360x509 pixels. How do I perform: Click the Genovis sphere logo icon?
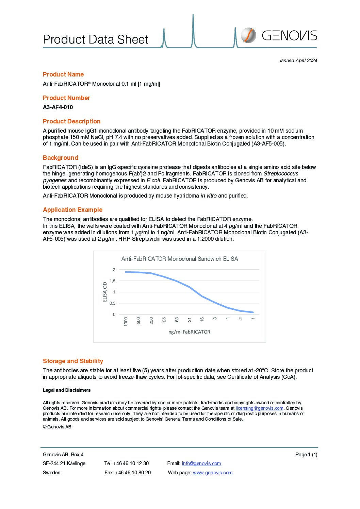point(248,35)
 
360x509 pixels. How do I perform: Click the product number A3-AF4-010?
point(58,107)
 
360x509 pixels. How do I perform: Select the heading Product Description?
point(71,121)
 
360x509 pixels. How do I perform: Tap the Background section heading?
point(61,158)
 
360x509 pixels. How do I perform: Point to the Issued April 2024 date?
point(298,61)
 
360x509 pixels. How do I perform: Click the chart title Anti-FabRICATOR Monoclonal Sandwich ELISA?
point(180,259)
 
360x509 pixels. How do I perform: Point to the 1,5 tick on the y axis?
point(112,281)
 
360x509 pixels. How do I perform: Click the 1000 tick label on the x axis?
point(126,322)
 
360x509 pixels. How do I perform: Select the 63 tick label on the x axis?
point(177,320)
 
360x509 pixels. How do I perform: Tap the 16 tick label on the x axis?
point(202,320)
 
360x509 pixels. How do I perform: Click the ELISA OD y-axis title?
point(105,292)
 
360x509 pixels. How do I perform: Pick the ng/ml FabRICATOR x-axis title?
point(189,332)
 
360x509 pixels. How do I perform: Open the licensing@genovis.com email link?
point(259,408)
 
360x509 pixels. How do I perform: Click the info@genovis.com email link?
point(201,463)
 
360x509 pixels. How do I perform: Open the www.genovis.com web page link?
point(213,473)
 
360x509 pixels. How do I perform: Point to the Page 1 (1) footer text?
point(306,455)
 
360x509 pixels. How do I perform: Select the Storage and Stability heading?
point(73,361)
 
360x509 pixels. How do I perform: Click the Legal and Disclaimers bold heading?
point(67,390)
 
